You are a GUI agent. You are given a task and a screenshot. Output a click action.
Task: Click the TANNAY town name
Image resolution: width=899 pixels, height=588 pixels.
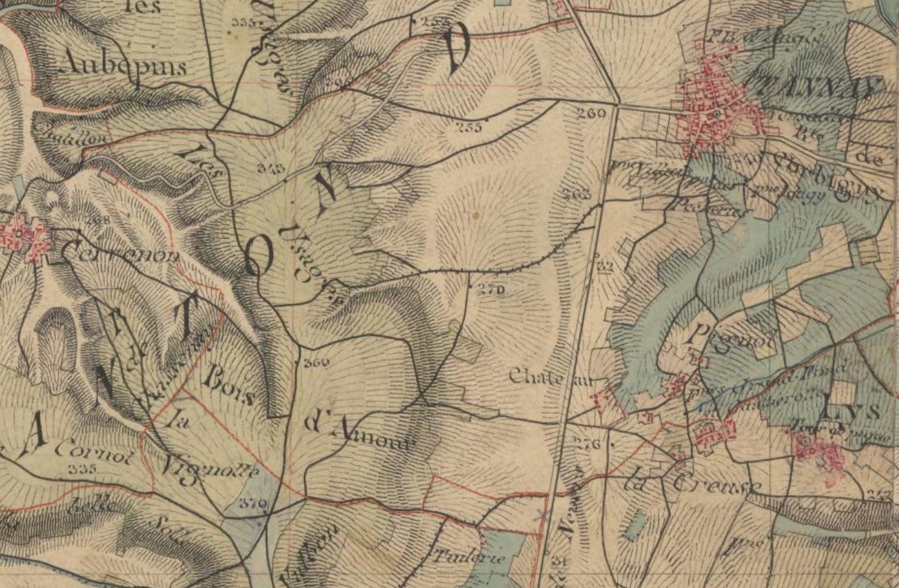coord(817,87)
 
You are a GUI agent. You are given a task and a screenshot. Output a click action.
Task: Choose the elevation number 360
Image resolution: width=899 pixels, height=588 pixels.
coord(316,362)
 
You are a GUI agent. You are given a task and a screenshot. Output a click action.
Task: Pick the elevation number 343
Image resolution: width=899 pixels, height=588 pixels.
coord(271,167)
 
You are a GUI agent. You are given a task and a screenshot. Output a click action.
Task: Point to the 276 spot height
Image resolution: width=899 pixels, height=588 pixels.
coord(587,445)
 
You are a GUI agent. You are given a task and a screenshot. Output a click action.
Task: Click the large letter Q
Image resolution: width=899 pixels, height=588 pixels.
coord(258,257)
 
